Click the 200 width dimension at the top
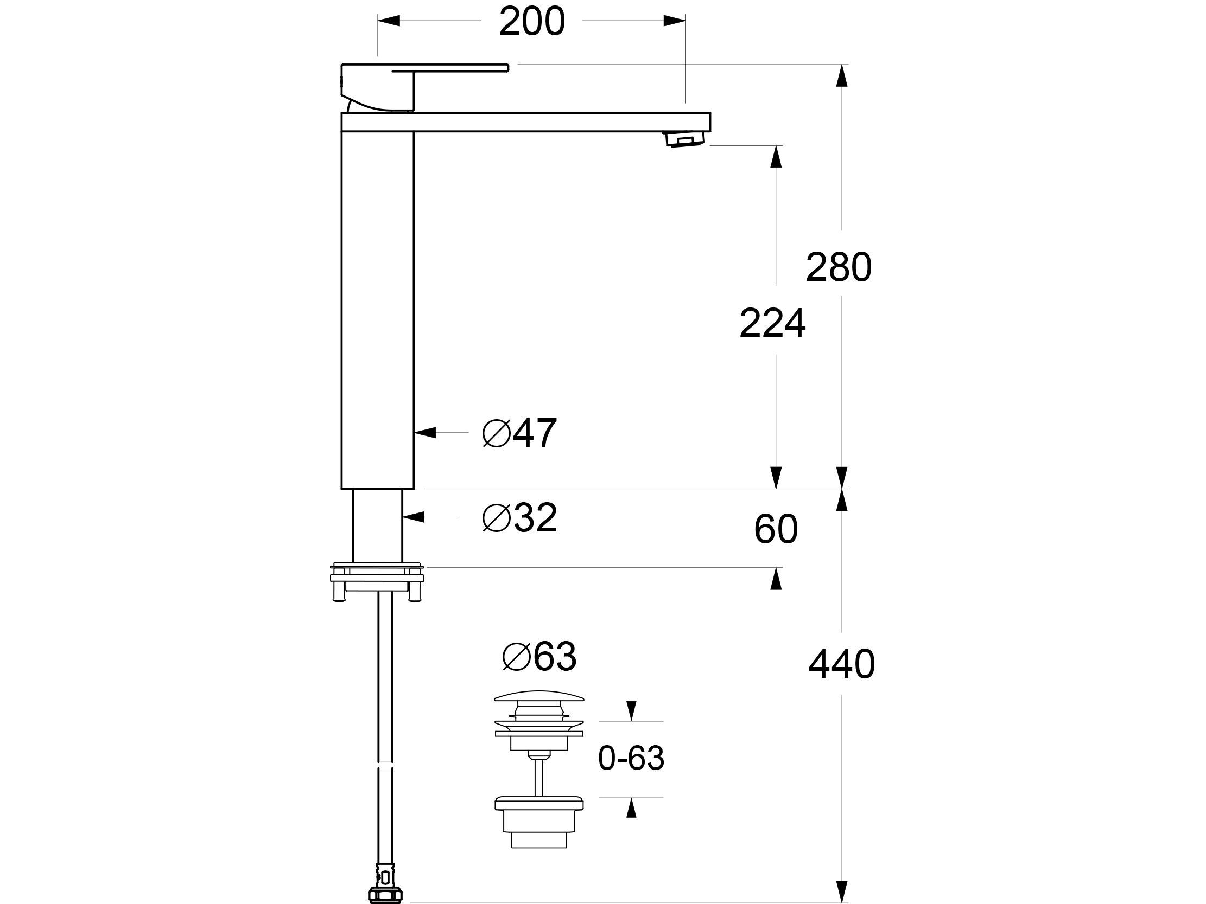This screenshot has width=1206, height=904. pyautogui.click(x=531, y=22)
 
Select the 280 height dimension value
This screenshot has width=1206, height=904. pyautogui.click(x=839, y=267)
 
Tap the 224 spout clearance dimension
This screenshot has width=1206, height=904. pyautogui.click(x=772, y=324)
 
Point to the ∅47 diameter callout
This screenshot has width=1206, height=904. pyautogui.click(x=519, y=433)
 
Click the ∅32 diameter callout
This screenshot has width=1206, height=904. pyautogui.click(x=519, y=517)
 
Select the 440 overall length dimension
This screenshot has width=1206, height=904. pyautogui.click(x=841, y=664)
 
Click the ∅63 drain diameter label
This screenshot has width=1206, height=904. pyautogui.click(x=539, y=657)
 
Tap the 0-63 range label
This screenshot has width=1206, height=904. pyautogui.click(x=631, y=758)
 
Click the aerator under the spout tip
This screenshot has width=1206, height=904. pyautogui.click(x=684, y=139)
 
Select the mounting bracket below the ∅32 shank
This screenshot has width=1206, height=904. pyautogui.click(x=377, y=581)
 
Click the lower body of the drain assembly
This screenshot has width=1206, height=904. pyautogui.click(x=538, y=822)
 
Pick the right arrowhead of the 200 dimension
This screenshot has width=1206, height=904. pyautogui.click(x=675, y=21)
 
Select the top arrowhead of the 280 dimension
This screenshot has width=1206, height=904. pyautogui.click(x=842, y=75)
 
